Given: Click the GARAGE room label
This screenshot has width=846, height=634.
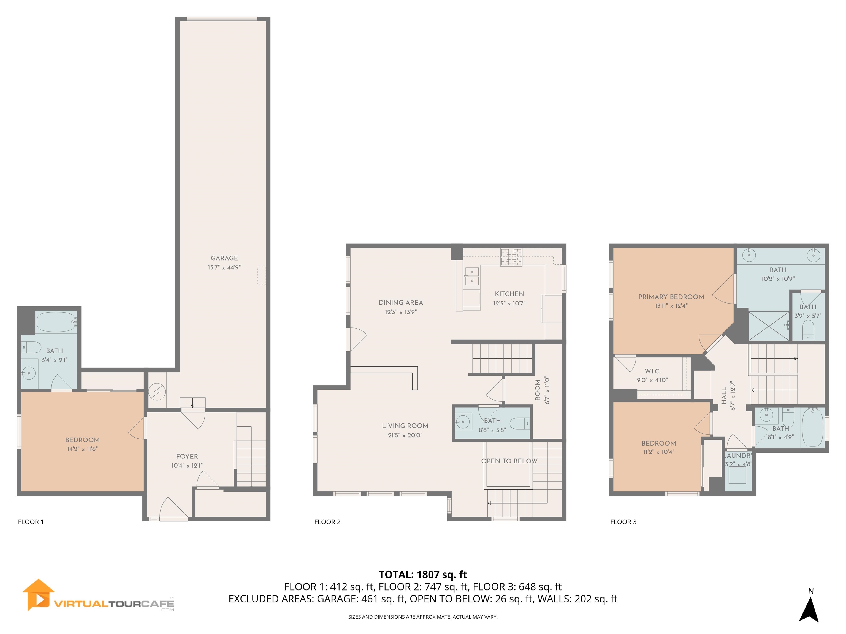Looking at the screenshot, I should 224,258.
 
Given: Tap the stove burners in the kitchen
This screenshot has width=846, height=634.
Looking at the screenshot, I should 511,256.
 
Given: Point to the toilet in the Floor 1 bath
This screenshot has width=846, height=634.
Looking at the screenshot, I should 32,347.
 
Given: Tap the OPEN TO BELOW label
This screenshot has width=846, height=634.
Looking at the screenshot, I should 509,461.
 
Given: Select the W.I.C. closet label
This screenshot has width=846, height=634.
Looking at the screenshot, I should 652,371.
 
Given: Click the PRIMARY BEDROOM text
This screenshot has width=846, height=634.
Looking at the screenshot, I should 671,297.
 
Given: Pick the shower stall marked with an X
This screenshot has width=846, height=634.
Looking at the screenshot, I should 768,326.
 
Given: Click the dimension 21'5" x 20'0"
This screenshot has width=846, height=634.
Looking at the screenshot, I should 405,435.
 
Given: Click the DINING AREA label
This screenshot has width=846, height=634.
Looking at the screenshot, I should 401,303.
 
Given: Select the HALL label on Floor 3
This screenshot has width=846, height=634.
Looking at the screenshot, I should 724,396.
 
